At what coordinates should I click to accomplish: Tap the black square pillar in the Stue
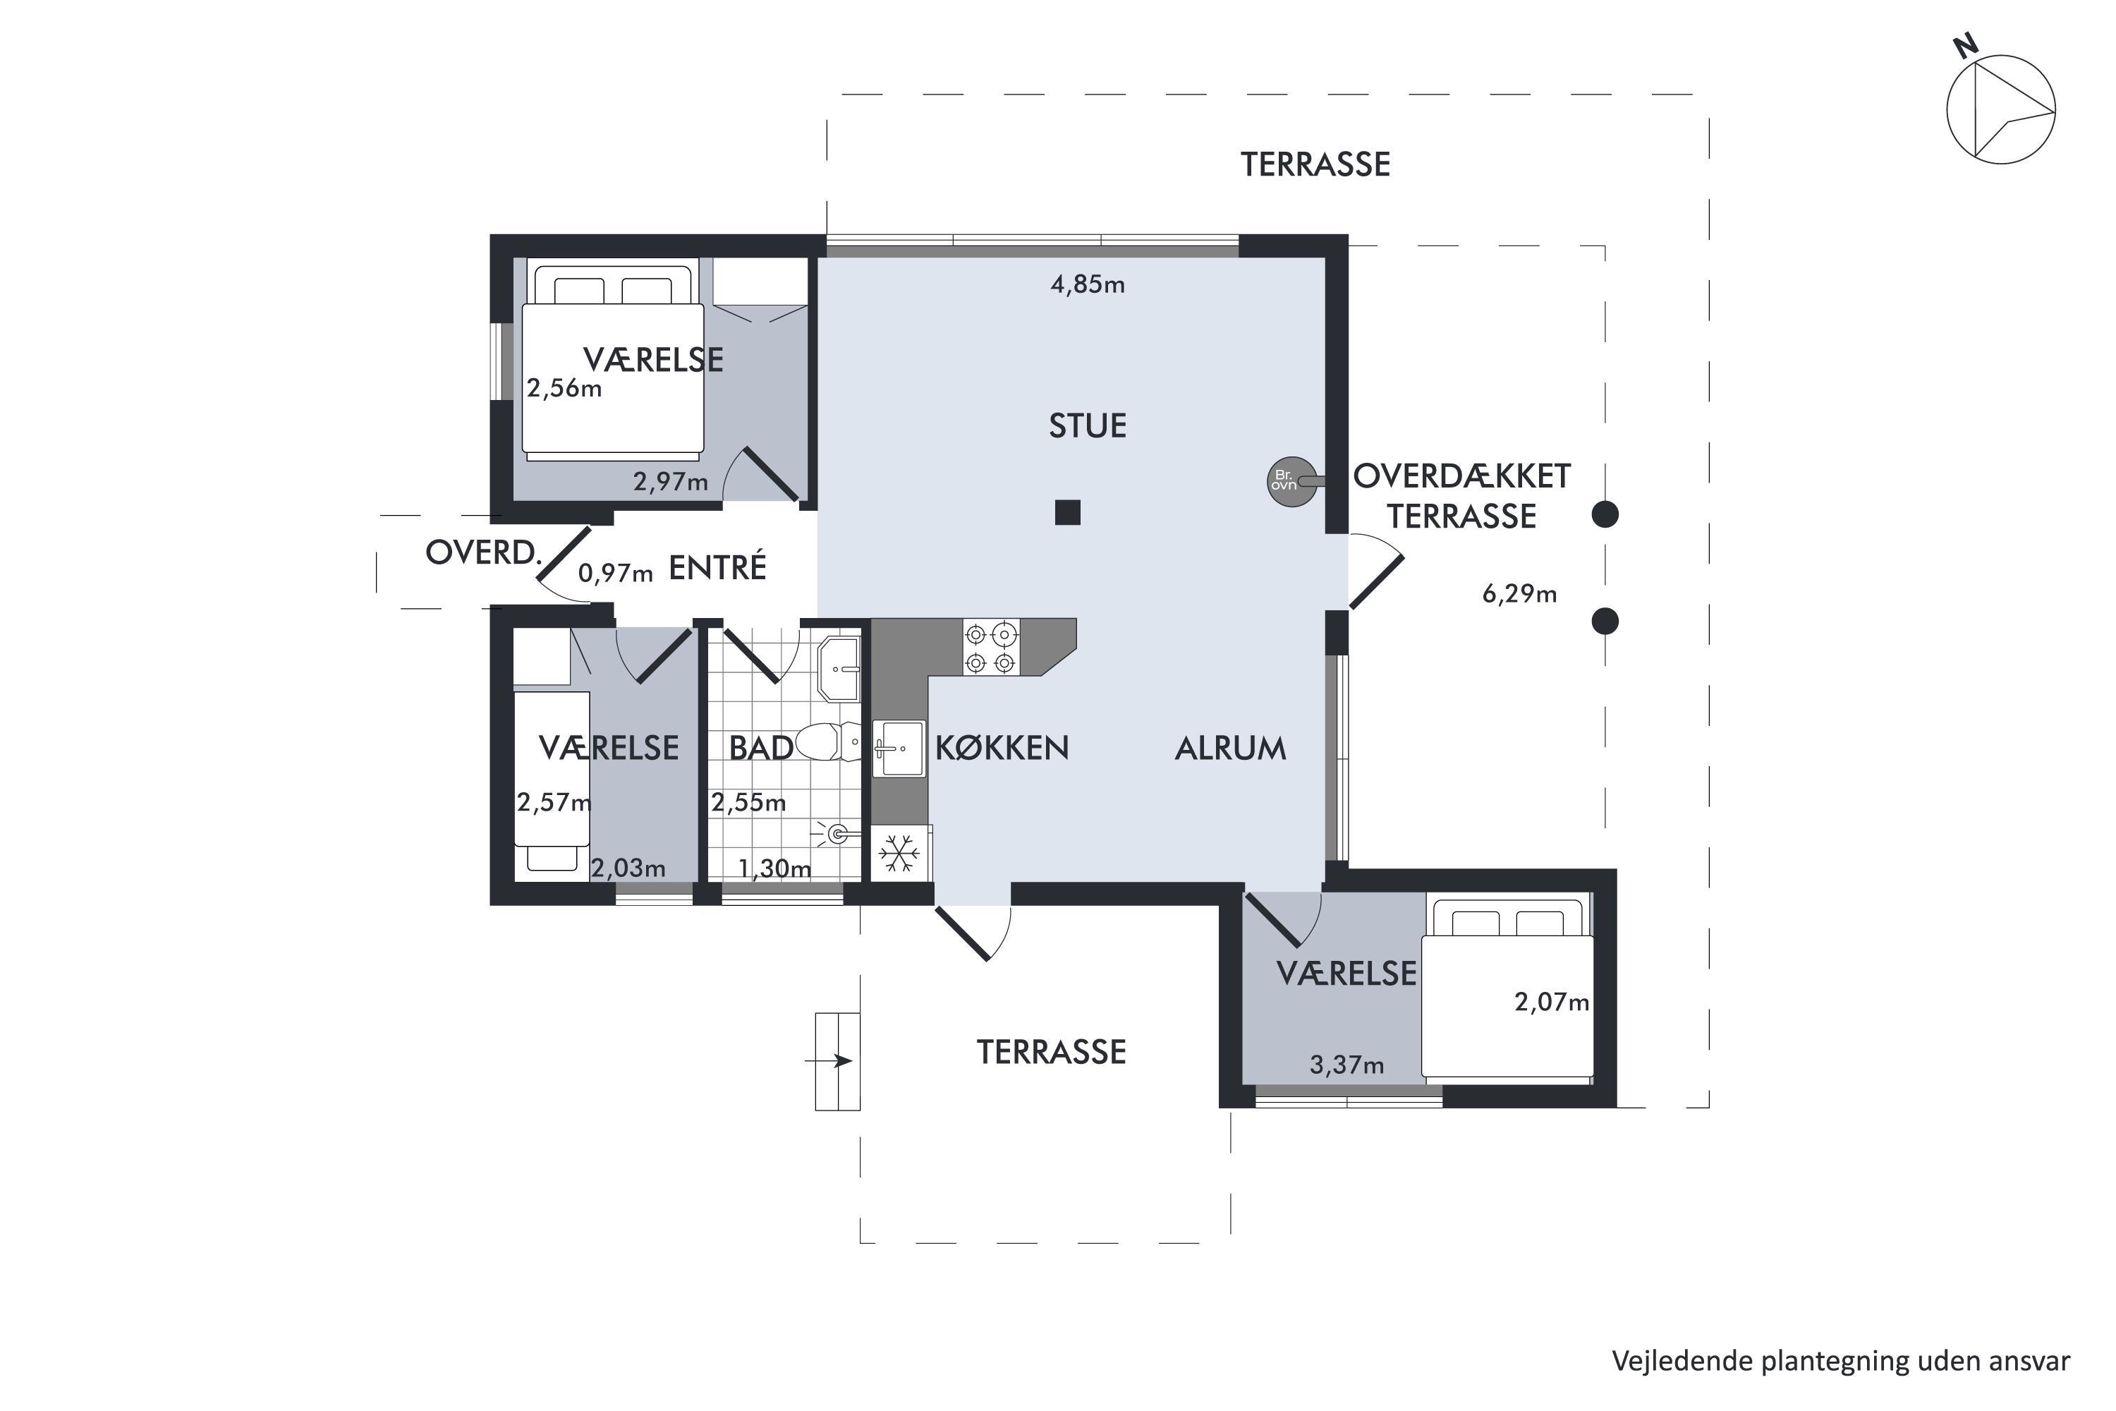click(x=1068, y=512)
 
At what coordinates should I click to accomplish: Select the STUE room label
click(x=1088, y=425)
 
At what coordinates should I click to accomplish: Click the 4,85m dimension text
click(x=1088, y=284)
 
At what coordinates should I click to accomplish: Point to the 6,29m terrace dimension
click(x=1519, y=594)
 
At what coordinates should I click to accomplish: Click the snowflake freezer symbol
click(x=898, y=853)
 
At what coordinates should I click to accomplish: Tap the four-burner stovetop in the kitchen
click(x=990, y=648)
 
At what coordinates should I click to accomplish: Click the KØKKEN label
click(x=1002, y=748)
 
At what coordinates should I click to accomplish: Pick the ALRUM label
click(x=1231, y=749)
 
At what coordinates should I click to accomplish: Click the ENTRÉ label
click(x=718, y=567)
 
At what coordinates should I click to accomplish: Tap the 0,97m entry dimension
click(x=615, y=573)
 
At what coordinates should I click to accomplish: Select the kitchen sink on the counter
click(x=899, y=748)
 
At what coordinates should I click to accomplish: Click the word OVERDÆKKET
click(x=1462, y=476)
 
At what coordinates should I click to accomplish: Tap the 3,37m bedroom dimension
click(x=1346, y=1065)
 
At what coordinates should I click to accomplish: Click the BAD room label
click(x=761, y=748)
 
